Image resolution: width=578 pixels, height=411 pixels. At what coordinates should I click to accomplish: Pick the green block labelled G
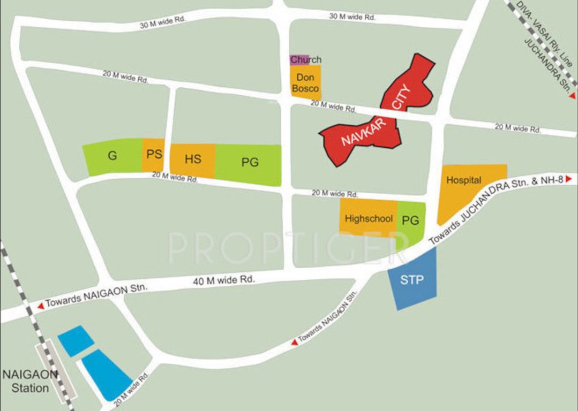pos(112,156)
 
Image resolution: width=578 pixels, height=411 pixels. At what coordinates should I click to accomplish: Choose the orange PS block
pos(154,155)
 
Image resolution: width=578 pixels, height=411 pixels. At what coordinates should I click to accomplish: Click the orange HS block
pos(193,160)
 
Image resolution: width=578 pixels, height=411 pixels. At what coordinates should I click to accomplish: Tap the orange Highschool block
pos(369,218)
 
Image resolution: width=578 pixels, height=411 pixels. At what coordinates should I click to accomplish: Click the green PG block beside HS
pos(250,163)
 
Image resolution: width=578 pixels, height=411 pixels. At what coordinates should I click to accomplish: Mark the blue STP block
pos(412,280)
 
